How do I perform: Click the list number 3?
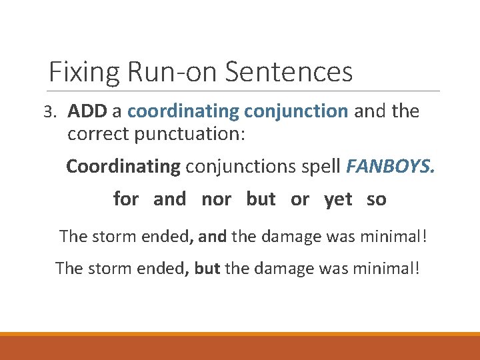(x=51, y=112)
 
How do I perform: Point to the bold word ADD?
(x=87, y=111)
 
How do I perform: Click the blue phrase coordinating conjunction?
(x=237, y=111)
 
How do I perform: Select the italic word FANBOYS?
(x=390, y=165)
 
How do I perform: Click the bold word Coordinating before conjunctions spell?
(x=123, y=165)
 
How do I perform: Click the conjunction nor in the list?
(x=216, y=199)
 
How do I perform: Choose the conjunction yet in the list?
(x=338, y=199)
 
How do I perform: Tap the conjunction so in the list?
(x=376, y=199)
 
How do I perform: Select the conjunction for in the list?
(x=126, y=199)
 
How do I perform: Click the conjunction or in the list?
(x=300, y=199)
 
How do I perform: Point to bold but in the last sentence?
(x=208, y=268)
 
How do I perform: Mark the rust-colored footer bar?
(x=240, y=348)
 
